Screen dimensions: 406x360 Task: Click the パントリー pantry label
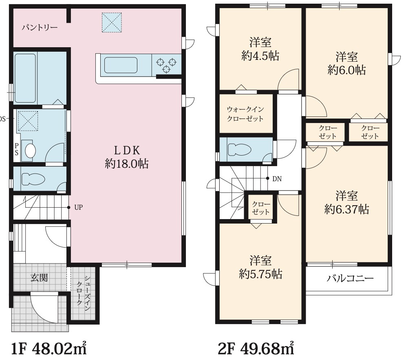[x=40, y=27]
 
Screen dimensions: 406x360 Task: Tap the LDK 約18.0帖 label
[x=127, y=157]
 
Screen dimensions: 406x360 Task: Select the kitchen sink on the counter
[x=121, y=65]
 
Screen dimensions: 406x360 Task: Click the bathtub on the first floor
[x=25, y=78]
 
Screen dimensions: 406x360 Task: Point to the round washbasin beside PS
[x=30, y=151]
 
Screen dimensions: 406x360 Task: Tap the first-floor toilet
[x=33, y=179]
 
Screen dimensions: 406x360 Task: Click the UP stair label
[x=78, y=207]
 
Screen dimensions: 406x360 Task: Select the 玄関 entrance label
[x=39, y=278]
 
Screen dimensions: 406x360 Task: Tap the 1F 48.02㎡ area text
[x=49, y=349]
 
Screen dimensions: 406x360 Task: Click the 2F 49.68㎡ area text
[x=256, y=349]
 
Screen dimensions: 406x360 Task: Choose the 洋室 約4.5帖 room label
[x=260, y=49]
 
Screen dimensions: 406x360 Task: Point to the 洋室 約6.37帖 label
[x=347, y=202]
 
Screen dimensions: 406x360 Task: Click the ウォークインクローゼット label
[x=245, y=114]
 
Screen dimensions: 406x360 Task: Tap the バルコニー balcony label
[x=350, y=278]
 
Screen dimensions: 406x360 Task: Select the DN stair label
[x=277, y=179]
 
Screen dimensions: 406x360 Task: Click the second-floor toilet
[x=240, y=149]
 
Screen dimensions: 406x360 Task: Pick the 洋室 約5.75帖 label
[x=260, y=267]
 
